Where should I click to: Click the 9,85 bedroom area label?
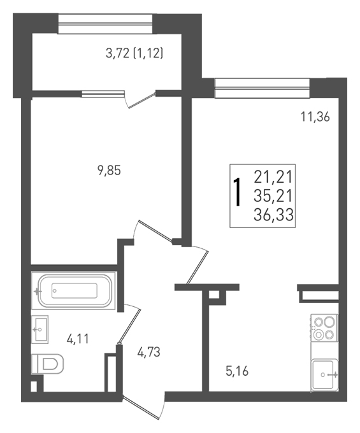109,171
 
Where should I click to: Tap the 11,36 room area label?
315,117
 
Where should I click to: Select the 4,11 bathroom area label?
78,339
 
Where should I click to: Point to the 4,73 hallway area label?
148,352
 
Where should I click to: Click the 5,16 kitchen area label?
237,371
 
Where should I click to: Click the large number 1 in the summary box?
237,192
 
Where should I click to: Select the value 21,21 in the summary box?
273,177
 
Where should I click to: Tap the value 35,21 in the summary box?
273,196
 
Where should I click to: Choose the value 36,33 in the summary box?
273,215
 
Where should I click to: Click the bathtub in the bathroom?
73,290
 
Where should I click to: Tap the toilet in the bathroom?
47,364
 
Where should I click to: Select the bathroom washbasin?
40,329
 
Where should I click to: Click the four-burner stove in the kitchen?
324,328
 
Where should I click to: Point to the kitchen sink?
324,374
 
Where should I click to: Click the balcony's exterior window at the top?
105,24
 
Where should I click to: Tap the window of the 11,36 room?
262,88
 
